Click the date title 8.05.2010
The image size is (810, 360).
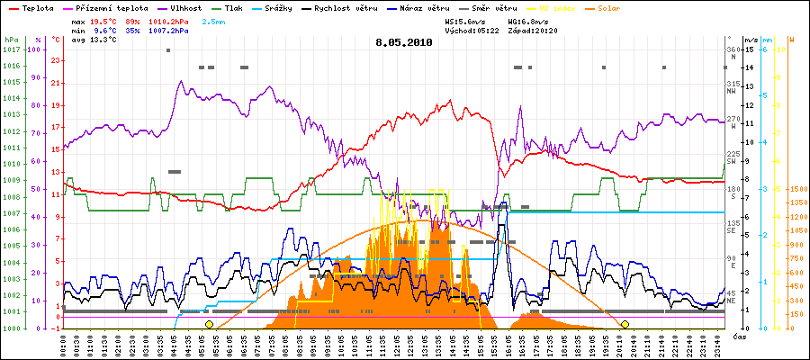pos(404,41)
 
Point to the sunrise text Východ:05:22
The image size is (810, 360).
pos(472,30)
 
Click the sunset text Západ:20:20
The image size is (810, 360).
pos(535,30)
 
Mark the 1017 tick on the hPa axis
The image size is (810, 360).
pos(10,49)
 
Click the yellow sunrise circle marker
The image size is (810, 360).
pos(209,323)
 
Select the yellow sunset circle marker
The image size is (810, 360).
pos(625,323)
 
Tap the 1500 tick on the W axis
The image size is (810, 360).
pos(797,189)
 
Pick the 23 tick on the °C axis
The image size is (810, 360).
pos(56,60)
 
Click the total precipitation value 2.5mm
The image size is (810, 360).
pos(215,20)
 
